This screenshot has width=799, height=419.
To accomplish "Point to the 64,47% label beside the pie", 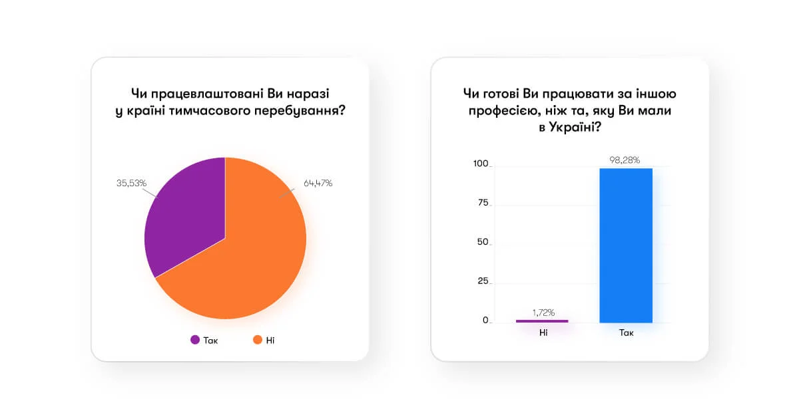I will coord(318,183).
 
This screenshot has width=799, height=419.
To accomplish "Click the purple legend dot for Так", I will coord(195,340).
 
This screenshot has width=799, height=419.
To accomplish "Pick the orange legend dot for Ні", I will coord(257,340).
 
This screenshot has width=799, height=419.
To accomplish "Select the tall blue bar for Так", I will coord(625,246).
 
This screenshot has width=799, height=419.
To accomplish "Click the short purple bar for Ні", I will coord(543,321).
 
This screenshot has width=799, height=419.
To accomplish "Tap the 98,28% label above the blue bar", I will coord(625,160).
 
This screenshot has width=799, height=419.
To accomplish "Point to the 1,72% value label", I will coord(543,312).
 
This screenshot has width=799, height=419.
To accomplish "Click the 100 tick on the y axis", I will coord(481,164).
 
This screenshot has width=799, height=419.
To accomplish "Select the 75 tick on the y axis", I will coord(483,203).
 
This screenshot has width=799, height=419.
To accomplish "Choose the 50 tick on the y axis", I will coord(483,242).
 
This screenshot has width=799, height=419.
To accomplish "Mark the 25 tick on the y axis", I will coord(483,281).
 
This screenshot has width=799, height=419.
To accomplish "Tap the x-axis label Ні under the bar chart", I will coord(543,332).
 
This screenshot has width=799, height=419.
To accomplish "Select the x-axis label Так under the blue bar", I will coord(625,332).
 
